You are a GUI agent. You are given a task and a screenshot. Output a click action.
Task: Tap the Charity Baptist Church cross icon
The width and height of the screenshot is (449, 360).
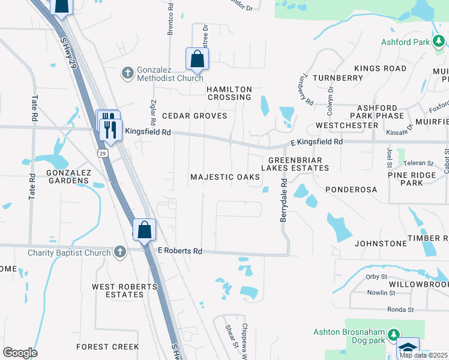(119, 253)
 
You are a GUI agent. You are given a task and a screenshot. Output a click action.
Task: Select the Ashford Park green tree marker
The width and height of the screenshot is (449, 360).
(439, 41)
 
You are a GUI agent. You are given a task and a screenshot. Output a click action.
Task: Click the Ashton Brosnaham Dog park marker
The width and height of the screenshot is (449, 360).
(393, 334)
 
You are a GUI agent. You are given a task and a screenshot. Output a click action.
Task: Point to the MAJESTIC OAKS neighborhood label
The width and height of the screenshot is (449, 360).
(225, 177)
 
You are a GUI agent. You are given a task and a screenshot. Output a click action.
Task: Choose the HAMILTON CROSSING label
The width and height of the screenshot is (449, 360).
(229, 93)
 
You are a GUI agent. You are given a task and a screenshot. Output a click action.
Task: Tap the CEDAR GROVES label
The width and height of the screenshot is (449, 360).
(194, 116)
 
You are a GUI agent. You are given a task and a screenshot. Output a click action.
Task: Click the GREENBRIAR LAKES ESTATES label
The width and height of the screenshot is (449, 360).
(298, 164)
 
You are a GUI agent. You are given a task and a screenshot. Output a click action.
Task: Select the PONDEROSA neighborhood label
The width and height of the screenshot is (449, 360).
(351, 190)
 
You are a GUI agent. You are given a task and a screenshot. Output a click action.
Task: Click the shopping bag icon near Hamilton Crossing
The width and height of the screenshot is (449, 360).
(197, 59)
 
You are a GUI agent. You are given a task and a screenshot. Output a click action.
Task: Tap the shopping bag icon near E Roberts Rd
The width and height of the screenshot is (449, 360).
(145, 230)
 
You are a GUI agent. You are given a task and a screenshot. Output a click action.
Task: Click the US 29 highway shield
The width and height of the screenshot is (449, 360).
(103, 154)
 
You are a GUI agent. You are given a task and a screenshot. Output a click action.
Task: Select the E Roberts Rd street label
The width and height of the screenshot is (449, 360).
(179, 251)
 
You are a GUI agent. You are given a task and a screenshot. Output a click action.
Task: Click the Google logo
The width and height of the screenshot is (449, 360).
(19, 352)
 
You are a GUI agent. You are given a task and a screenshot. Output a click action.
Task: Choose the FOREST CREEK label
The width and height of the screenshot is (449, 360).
(107, 347)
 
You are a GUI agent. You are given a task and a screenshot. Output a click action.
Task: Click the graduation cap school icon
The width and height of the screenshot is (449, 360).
(408, 348)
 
